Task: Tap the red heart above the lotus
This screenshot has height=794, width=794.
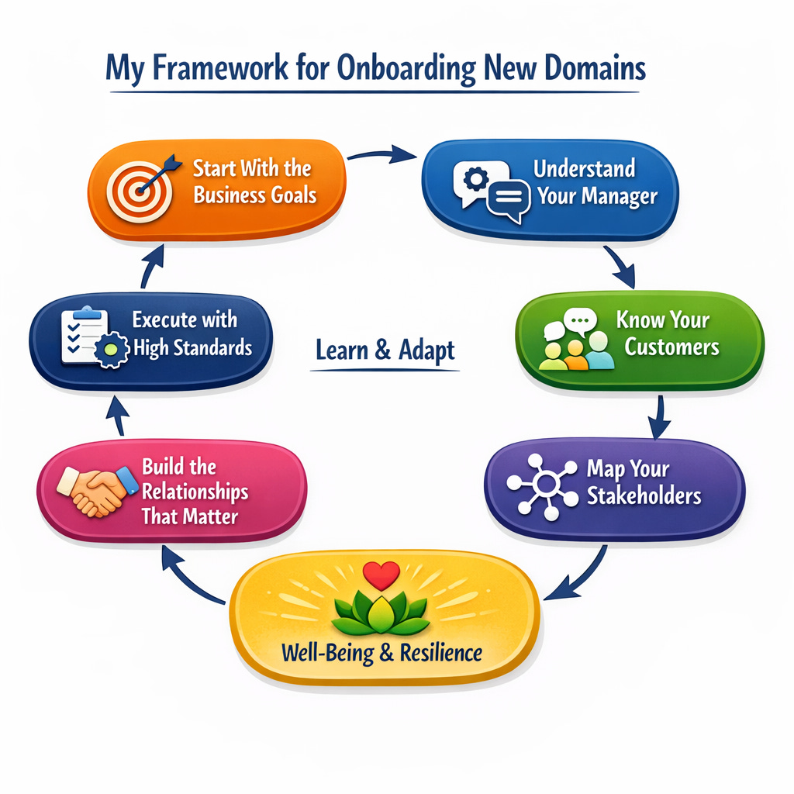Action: point(381,575)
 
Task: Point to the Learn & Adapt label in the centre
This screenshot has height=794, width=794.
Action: point(385,351)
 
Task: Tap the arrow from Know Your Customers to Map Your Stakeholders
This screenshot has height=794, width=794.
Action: point(660,416)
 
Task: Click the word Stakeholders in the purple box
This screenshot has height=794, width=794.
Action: point(644,495)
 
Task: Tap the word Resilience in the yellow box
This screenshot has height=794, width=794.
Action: point(440,652)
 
